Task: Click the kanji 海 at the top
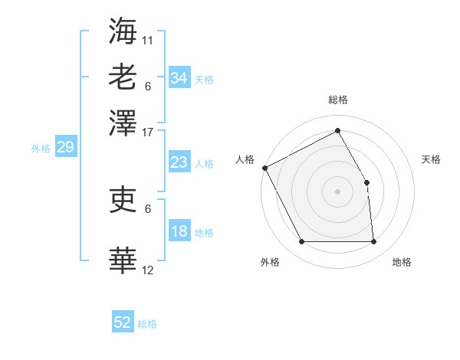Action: pos(123,31)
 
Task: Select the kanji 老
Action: pos(123,77)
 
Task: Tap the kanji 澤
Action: pos(123,122)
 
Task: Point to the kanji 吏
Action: pos(123,199)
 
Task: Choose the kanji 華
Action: pos(123,260)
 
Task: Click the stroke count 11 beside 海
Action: pos(148,39)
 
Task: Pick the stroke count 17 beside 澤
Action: pos(148,132)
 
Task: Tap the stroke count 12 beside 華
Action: pos(148,270)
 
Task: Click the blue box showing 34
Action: pos(179,77)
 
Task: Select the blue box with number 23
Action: pos(179,162)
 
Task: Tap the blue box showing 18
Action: pos(179,232)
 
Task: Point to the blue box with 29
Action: pos(65,147)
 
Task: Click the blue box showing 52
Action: pos(123,322)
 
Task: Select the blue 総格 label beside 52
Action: pos(147,324)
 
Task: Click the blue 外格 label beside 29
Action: pos(40,149)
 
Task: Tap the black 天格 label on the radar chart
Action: pos(431,159)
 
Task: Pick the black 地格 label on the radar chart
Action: pos(402,262)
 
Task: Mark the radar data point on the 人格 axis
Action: pos(265,168)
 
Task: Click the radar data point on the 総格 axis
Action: pos(337,131)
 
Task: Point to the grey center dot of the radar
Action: pos(337,191)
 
